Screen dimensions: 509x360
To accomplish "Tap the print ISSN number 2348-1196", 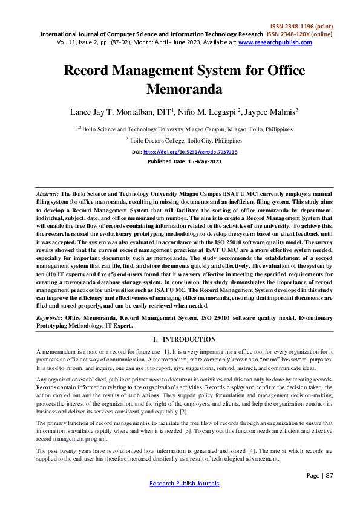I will tap(300, 27).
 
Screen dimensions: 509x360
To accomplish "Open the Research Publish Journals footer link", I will tap(184, 484).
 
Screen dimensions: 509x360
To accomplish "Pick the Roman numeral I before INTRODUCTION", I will tap(155, 340).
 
